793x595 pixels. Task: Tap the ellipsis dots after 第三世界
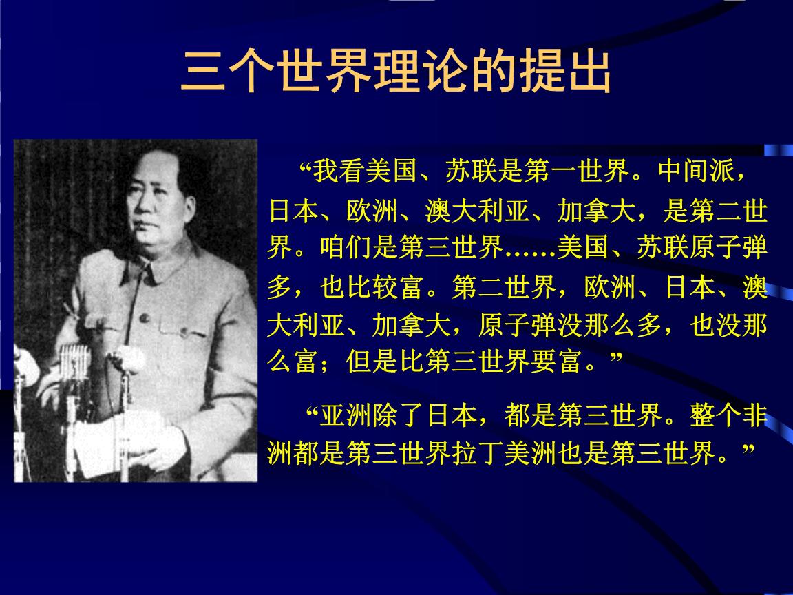530,249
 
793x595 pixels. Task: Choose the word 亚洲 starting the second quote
341,417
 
